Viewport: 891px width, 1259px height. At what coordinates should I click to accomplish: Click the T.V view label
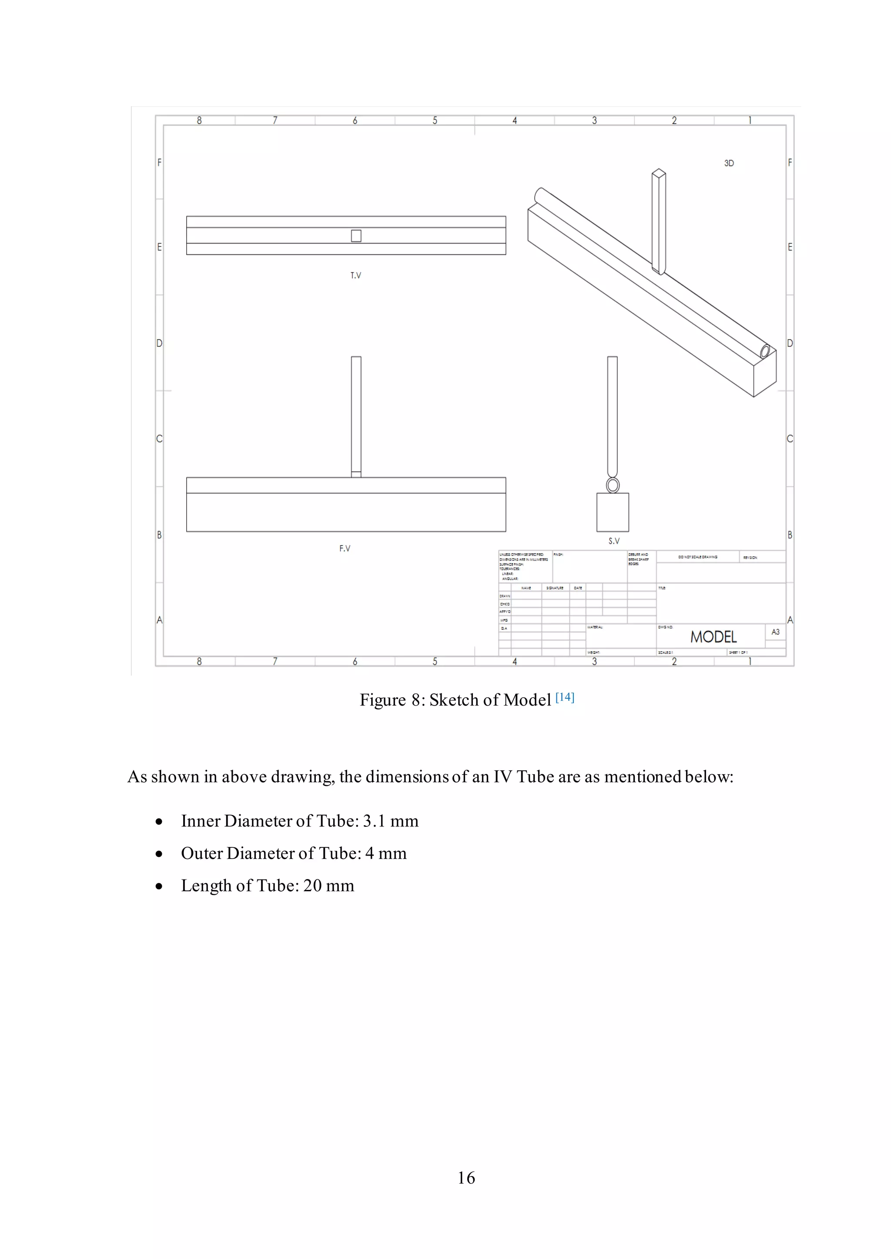coord(355,275)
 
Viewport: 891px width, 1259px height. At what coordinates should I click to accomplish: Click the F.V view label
coord(345,548)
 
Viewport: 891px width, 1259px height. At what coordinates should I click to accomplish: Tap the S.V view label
coord(614,541)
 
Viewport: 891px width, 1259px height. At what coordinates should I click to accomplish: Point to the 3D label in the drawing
coord(729,163)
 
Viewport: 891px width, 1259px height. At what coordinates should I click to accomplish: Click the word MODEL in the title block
coord(713,636)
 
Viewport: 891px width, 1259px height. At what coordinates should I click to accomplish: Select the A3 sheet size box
coord(775,632)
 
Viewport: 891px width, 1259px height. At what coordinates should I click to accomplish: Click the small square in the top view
coord(356,236)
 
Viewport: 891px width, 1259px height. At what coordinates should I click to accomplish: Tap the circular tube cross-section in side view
coord(613,485)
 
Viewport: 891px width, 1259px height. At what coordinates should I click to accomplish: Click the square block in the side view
coord(613,513)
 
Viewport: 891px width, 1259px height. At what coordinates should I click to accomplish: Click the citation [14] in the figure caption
coord(565,697)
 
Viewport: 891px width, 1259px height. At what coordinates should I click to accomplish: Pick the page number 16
coord(466,1177)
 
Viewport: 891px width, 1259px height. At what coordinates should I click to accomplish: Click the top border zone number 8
coord(199,120)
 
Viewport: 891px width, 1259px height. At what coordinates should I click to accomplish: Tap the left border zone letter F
coord(160,162)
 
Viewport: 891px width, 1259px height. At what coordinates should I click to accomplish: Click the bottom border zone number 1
coord(750,661)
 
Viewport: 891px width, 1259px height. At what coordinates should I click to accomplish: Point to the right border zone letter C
coord(790,439)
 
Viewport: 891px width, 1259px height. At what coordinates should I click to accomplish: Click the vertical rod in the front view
coord(356,414)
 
